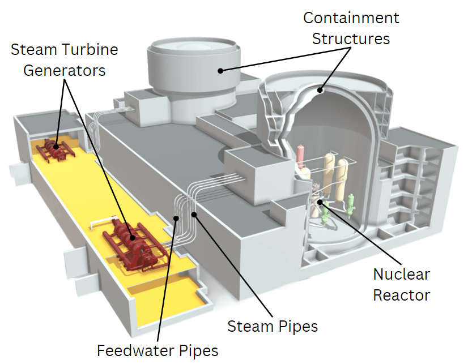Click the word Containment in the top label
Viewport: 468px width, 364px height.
(x=351, y=18)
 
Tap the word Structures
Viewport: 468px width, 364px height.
(x=351, y=38)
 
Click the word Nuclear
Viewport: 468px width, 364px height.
(x=401, y=275)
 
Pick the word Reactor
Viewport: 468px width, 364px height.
(x=401, y=295)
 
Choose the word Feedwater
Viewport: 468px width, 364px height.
(x=133, y=350)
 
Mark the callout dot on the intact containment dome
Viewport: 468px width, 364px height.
(x=219, y=71)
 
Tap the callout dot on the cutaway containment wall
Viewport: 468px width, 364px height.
(x=320, y=89)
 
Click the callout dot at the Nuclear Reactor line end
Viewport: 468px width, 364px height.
(x=321, y=202)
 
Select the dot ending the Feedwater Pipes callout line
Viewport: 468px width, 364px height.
(x=176, y=218)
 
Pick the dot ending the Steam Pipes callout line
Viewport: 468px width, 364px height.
(x=194, y=215)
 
